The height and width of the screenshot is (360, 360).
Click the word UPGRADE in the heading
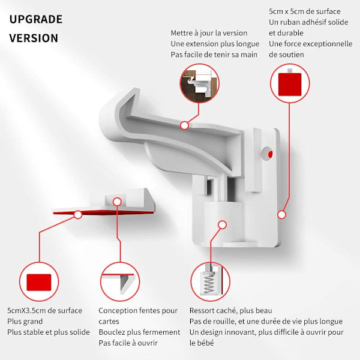(x=36, y=19)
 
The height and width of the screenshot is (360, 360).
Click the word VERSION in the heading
(x=34, y=38)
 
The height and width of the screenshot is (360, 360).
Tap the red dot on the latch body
(x=270, y=154)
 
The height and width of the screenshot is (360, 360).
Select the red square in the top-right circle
(x=290, y=84)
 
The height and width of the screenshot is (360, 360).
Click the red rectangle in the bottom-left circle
(x=39, y=282)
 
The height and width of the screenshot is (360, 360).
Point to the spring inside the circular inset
(x=208, y=283)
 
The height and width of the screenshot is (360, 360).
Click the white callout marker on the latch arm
(x=184, y=125)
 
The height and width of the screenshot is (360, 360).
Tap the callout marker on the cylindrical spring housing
(x=222, y=225)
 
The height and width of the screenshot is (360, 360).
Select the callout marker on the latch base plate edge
(x=282, y=215)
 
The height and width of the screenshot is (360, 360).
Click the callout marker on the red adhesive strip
(x=78, y=215)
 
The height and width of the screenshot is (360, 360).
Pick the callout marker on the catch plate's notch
(x=118, y=202)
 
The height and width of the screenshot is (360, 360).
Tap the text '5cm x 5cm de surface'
(x=305, y=11)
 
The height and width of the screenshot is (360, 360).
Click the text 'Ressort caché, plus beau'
(x=231, y=311)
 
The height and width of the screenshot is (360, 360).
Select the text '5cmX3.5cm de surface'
(x=45, y=311)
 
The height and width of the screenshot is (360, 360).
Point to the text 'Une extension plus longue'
(x=215, y=44)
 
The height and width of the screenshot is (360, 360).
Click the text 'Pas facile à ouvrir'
(x=128, y=343)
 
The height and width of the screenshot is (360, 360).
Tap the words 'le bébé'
(x=202, y=343)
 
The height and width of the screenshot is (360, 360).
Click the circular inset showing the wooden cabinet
(x=199, y=83)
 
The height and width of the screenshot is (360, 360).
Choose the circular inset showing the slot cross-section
(x=120, y=282)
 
